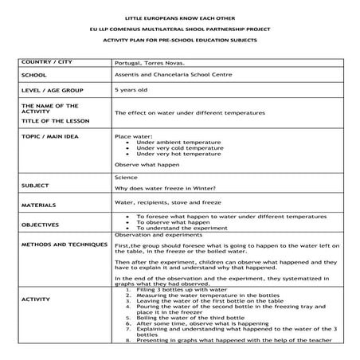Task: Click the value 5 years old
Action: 130,90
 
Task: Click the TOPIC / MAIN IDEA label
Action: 56,136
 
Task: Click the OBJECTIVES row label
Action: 41,225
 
